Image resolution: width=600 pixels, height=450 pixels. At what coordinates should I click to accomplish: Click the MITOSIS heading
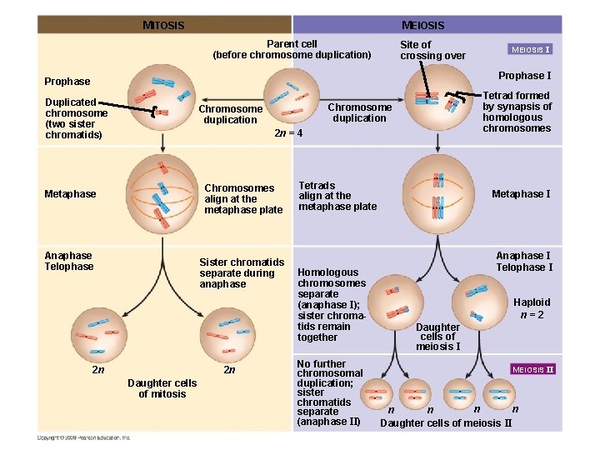[163, 25]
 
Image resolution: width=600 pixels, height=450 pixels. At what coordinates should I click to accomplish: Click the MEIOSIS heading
[422, 25]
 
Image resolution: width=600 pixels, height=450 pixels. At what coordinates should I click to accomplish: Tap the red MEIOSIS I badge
[531, 49]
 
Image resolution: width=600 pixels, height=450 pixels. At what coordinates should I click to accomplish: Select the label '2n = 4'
[288, 133]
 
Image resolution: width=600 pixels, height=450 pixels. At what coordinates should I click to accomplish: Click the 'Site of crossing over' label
[432, 50]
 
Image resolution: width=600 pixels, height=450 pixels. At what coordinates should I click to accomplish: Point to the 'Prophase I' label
[524, 76]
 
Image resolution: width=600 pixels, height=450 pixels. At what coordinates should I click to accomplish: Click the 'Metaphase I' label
[521, 194]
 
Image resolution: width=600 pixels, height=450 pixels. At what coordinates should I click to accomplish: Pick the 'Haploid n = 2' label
[532, 308]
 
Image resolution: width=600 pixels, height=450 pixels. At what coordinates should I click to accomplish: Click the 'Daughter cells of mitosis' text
[162, 388]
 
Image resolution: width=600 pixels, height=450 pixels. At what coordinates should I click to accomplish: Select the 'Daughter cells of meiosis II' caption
[446, 423]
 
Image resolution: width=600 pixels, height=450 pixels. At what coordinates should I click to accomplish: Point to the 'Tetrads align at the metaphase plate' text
[337, 196]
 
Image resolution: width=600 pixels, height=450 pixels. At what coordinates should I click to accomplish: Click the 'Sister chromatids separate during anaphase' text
[242, 273]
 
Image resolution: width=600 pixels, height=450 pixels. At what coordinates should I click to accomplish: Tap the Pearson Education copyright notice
[83, 437]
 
